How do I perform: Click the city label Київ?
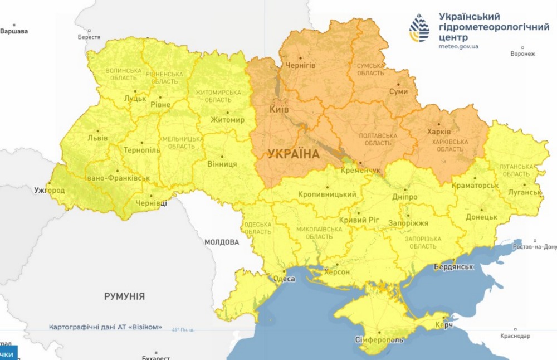click(x=279, y=109)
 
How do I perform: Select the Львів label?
click(x=97, y=138)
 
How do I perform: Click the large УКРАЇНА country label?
click(x=294, y=154)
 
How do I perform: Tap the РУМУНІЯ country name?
click(x=124, y=296)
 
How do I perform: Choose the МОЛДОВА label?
click(x=221, y=242)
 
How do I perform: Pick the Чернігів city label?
click(x=300, y=66)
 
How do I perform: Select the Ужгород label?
click(x=49, y=191)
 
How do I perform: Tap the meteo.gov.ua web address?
click(x=458, y=46)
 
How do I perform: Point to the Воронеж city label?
click(x=522, y=54)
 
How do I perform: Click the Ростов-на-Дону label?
click(x=535, y=246)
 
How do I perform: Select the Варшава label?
click(x=14, y=31)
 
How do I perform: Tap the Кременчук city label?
click(x=360, y=169)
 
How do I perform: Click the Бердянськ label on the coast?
click(x=453, y=267)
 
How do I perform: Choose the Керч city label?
click(x=443, y=325)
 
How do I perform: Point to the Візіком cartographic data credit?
click(x=105, y=327)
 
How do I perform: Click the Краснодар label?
click(x=515, y=336)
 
